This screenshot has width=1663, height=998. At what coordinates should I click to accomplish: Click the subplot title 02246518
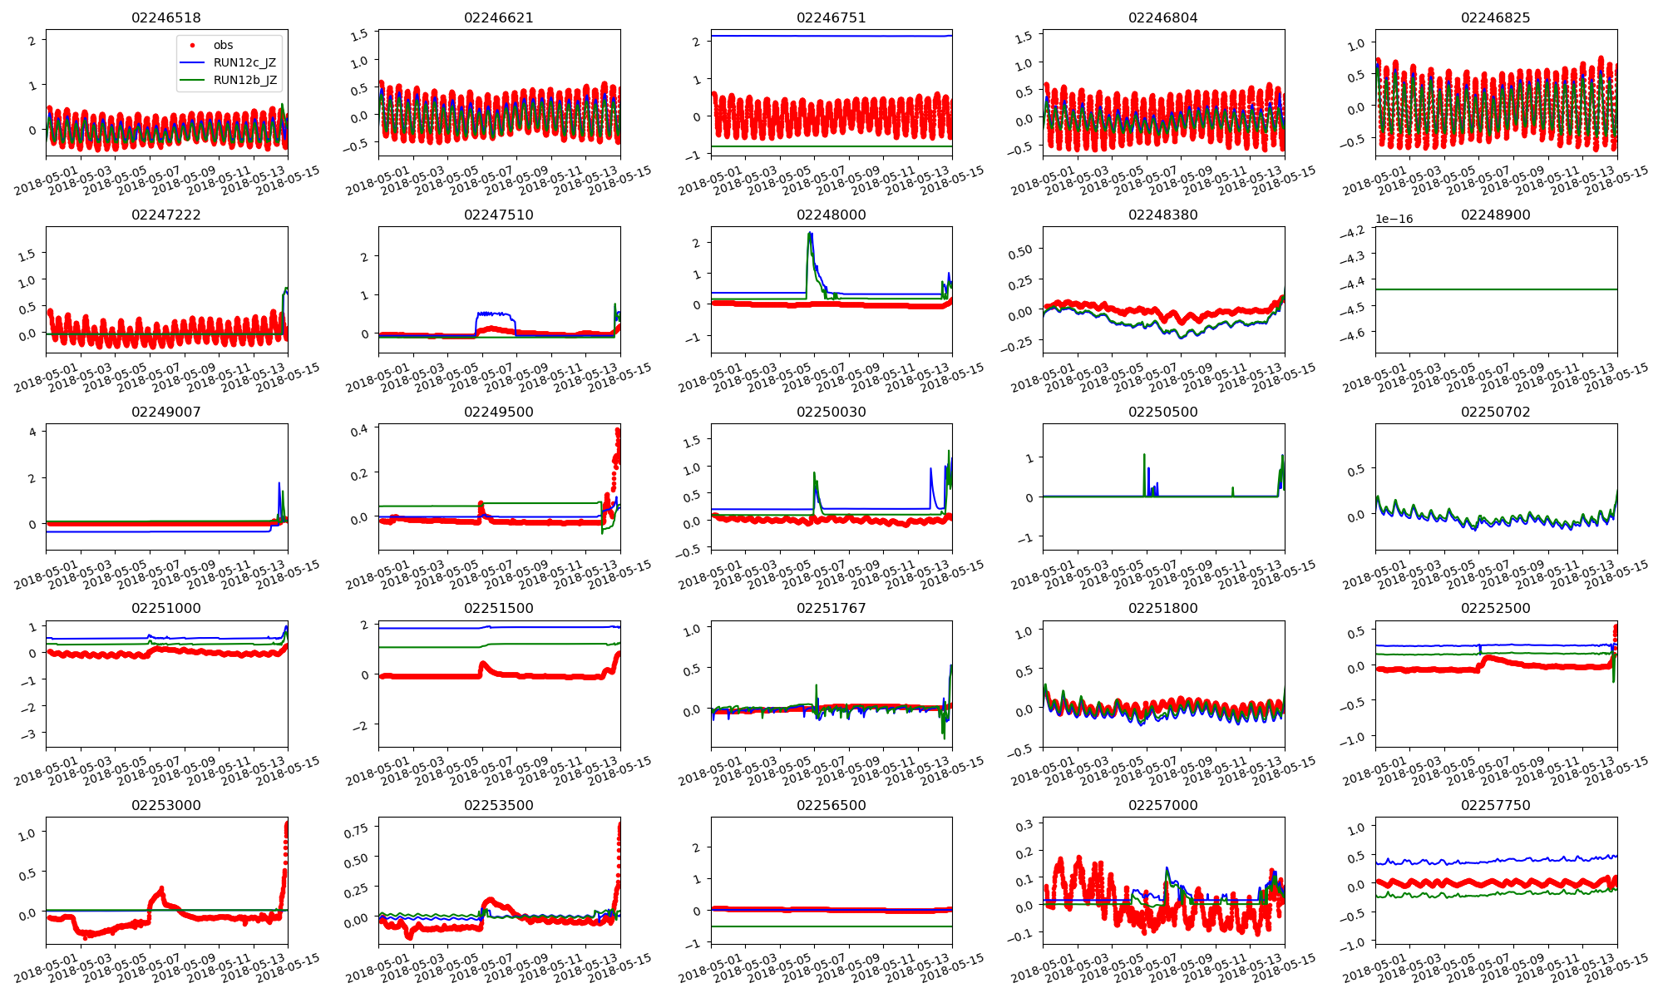tap(166, 17)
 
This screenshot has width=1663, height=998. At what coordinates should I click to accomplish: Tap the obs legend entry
tap(223, 45)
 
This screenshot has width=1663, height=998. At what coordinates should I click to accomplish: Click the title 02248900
tap(1495, 215)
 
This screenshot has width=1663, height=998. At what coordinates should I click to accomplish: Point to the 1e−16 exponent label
tap(1394, 220)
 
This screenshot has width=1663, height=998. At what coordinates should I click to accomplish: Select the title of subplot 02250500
tap(1162, 412)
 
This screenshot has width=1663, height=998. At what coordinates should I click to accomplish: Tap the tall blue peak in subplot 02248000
tap(810, 235)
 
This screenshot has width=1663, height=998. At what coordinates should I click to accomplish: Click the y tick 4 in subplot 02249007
tap(32, 432)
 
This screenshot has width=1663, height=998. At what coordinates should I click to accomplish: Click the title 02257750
tap(1495, 805)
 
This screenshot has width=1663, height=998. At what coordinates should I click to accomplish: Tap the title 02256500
tap(831, 805)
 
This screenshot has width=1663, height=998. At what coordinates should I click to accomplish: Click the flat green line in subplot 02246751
tap(831, 146)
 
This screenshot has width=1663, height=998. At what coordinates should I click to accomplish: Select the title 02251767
tap(831, 608)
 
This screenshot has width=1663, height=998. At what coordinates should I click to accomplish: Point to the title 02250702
tap(1495, 412)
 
